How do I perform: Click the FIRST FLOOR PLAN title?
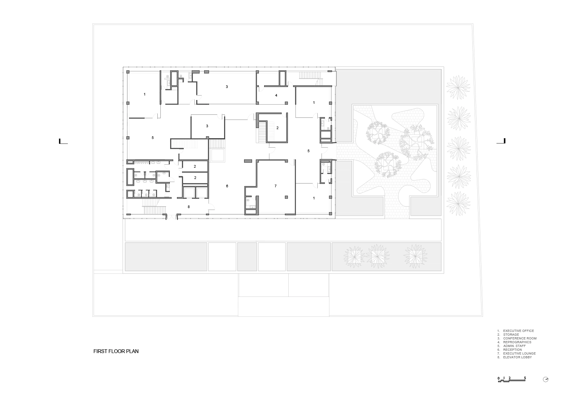tap(116, 351)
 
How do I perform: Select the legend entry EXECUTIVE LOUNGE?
tap(519, 353)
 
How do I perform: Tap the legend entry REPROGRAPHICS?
tap(517, 342)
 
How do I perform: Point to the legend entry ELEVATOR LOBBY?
tap(517, 357)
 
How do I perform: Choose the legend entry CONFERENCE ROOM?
tap(520, 338)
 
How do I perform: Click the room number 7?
tap(275, 186)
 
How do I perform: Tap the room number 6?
tap(227, 186)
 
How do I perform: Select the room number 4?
tap(276, 95)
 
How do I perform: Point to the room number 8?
tap(189, 207)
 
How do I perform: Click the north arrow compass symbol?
tap(546, 387)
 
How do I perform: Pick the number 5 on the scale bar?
tap(525, 385)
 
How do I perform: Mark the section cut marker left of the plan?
tap(63, 141)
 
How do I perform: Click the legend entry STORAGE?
tap(511, 335)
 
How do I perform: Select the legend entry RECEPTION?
tap(512, 350)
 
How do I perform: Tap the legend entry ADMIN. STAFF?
tap(514, 346)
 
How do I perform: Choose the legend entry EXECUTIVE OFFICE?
tap(518, 331)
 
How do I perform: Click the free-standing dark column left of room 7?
tap(248, 161)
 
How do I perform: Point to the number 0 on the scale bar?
tap(498, 386)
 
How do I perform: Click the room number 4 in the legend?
tap(498, 342)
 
